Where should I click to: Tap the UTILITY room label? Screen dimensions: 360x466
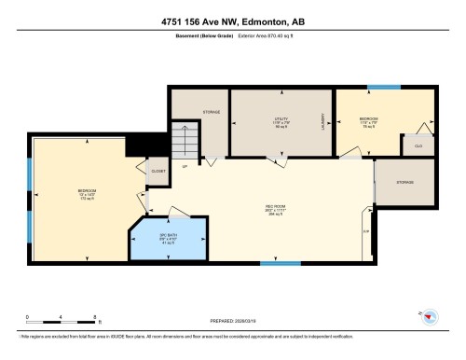pos(281,121)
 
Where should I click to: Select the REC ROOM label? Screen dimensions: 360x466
pos(274,210)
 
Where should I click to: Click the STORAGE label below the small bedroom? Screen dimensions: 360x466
pos(404,182)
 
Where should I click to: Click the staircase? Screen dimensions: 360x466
pos(186,143)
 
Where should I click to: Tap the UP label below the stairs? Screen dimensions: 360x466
pos(185,167)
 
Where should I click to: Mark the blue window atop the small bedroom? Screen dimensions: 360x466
pos(382,87)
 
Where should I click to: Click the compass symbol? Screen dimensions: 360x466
pos(429,317)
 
